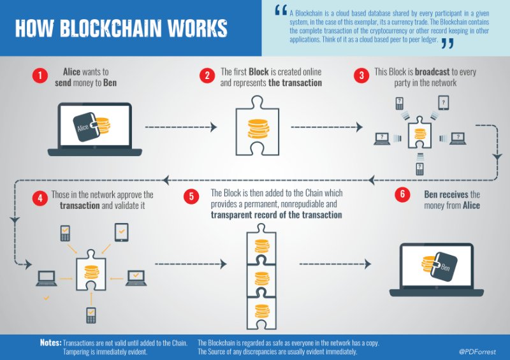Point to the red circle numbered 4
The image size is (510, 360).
coord(41,198)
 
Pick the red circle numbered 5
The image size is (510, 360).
coord(192,196)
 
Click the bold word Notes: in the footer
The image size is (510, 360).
coord(50,343)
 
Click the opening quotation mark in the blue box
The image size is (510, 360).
coord(279,10)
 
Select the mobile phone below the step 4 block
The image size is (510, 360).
coord(91,314)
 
